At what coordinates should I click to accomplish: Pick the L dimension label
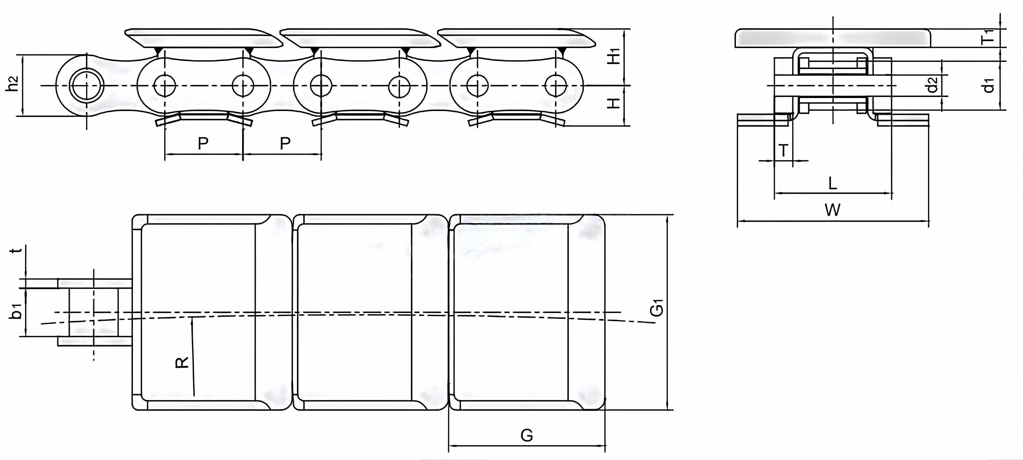(833, 183)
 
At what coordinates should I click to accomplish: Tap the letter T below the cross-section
(783, 151)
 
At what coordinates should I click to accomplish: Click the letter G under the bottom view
(526, 435)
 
